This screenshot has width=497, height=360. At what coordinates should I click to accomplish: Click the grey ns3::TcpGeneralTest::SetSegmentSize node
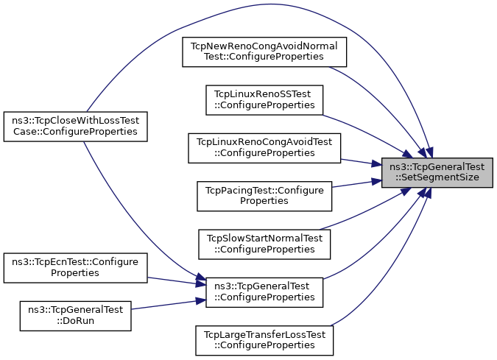[437, 172]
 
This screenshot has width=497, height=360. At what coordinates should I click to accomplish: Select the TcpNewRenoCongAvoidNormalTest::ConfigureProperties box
[264, 52]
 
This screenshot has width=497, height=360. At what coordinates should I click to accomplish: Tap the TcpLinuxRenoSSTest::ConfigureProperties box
[264, 100]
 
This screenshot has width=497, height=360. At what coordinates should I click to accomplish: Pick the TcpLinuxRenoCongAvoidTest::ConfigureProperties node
[264, 148]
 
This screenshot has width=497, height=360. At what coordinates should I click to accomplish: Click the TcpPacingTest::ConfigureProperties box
[264, 196]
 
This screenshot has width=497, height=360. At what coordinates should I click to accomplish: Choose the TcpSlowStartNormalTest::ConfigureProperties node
[264, 244]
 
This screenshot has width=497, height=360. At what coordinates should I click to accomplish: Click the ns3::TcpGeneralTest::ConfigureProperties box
[264, 292]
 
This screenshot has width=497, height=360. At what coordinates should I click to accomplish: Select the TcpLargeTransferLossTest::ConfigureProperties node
[264, 340]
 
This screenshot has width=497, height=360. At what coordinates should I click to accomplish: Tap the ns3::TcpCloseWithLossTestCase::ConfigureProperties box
[75, 127]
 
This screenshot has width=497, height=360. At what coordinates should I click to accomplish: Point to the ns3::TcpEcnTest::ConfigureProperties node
[75, 268]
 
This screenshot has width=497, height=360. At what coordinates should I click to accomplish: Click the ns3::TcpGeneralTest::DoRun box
[75, 316]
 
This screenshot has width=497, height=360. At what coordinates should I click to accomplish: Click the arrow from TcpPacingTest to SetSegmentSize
[357, 184]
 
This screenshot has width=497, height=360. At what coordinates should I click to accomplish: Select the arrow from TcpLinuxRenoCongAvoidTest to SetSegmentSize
[362, 162]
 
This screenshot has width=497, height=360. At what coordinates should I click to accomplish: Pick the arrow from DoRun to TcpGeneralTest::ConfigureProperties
[169, 305]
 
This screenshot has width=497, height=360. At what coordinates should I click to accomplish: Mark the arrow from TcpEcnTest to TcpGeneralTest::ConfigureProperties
[177, 281]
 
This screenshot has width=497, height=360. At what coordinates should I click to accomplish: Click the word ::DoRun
[75, 321]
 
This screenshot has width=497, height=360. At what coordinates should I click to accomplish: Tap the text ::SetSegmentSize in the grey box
[437, 177]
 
